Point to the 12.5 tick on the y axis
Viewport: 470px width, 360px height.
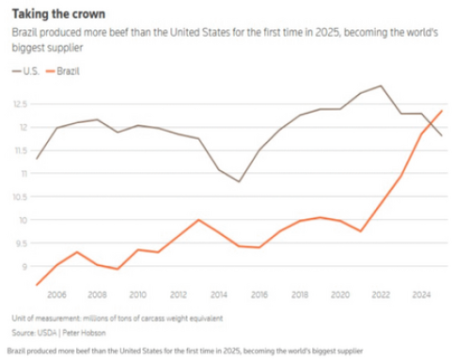tap(17, 103)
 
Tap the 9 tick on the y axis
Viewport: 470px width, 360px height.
tap(21, 266)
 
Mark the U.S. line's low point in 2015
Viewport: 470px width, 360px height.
tap(240, 181)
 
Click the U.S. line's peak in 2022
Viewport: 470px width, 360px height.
tap(381, 86)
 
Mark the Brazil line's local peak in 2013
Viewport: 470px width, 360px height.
tap(198, 220)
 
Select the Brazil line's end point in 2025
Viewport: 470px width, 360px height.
tap(442, 110)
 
